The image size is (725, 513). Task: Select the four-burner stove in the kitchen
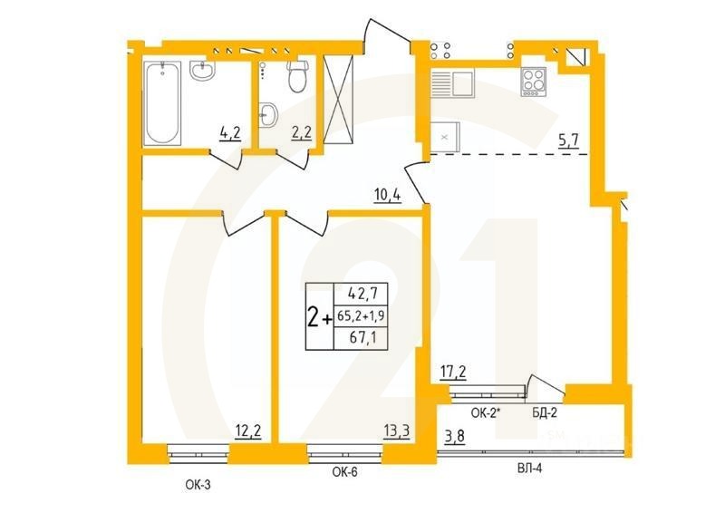click(x=535, y=82)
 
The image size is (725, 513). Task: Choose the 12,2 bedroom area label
click(x=248, y=431)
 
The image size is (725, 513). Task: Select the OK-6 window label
click(x=344, y=471)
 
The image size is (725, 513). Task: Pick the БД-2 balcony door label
click(x=544, y=412)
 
